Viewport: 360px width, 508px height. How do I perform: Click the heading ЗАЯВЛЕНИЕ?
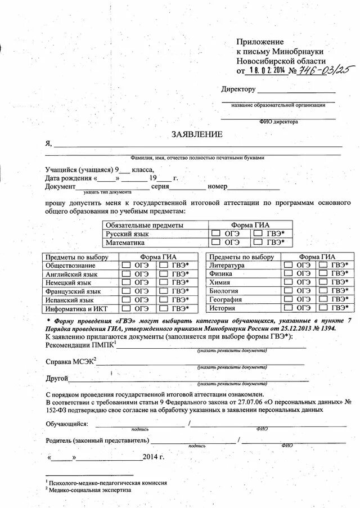197,134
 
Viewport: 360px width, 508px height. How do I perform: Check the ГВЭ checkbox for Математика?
258,242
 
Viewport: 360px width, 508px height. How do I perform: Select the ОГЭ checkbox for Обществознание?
127,264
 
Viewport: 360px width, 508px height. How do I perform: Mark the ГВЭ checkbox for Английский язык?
164,273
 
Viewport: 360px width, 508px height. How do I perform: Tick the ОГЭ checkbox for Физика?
289,273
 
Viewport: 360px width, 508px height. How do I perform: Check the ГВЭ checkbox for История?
325,308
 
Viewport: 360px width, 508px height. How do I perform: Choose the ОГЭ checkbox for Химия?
289,282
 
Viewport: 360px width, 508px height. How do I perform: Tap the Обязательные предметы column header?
145,224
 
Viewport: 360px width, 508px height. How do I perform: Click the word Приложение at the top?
260,42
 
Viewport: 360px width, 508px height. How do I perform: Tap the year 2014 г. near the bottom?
154,457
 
